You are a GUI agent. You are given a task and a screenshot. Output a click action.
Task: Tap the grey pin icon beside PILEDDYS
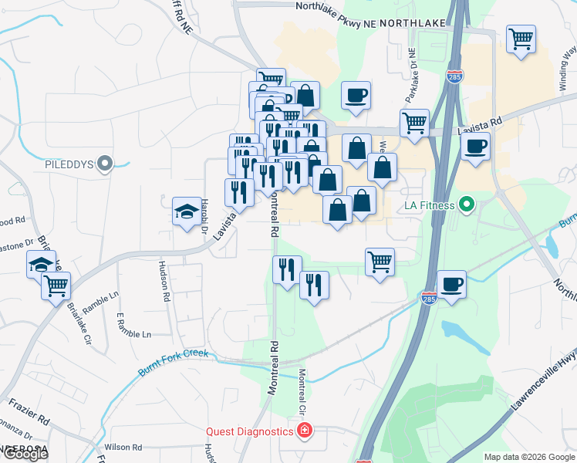click(106, 164)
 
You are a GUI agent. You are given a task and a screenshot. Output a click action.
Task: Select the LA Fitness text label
click(430, 206)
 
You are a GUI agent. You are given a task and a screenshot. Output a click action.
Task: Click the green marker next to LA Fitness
click(466, 205)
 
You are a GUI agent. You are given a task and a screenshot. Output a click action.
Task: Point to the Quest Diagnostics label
click(248, 431)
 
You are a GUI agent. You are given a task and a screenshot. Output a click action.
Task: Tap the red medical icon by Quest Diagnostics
click(305, 431)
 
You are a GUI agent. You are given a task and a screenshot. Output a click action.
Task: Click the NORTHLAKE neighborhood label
click(413, 23)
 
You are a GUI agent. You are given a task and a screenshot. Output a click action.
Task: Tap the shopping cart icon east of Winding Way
click(521, 39)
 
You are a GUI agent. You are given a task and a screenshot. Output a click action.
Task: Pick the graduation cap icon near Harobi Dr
click(186, 213)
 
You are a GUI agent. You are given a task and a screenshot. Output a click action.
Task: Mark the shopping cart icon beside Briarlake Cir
click(56, 286)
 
